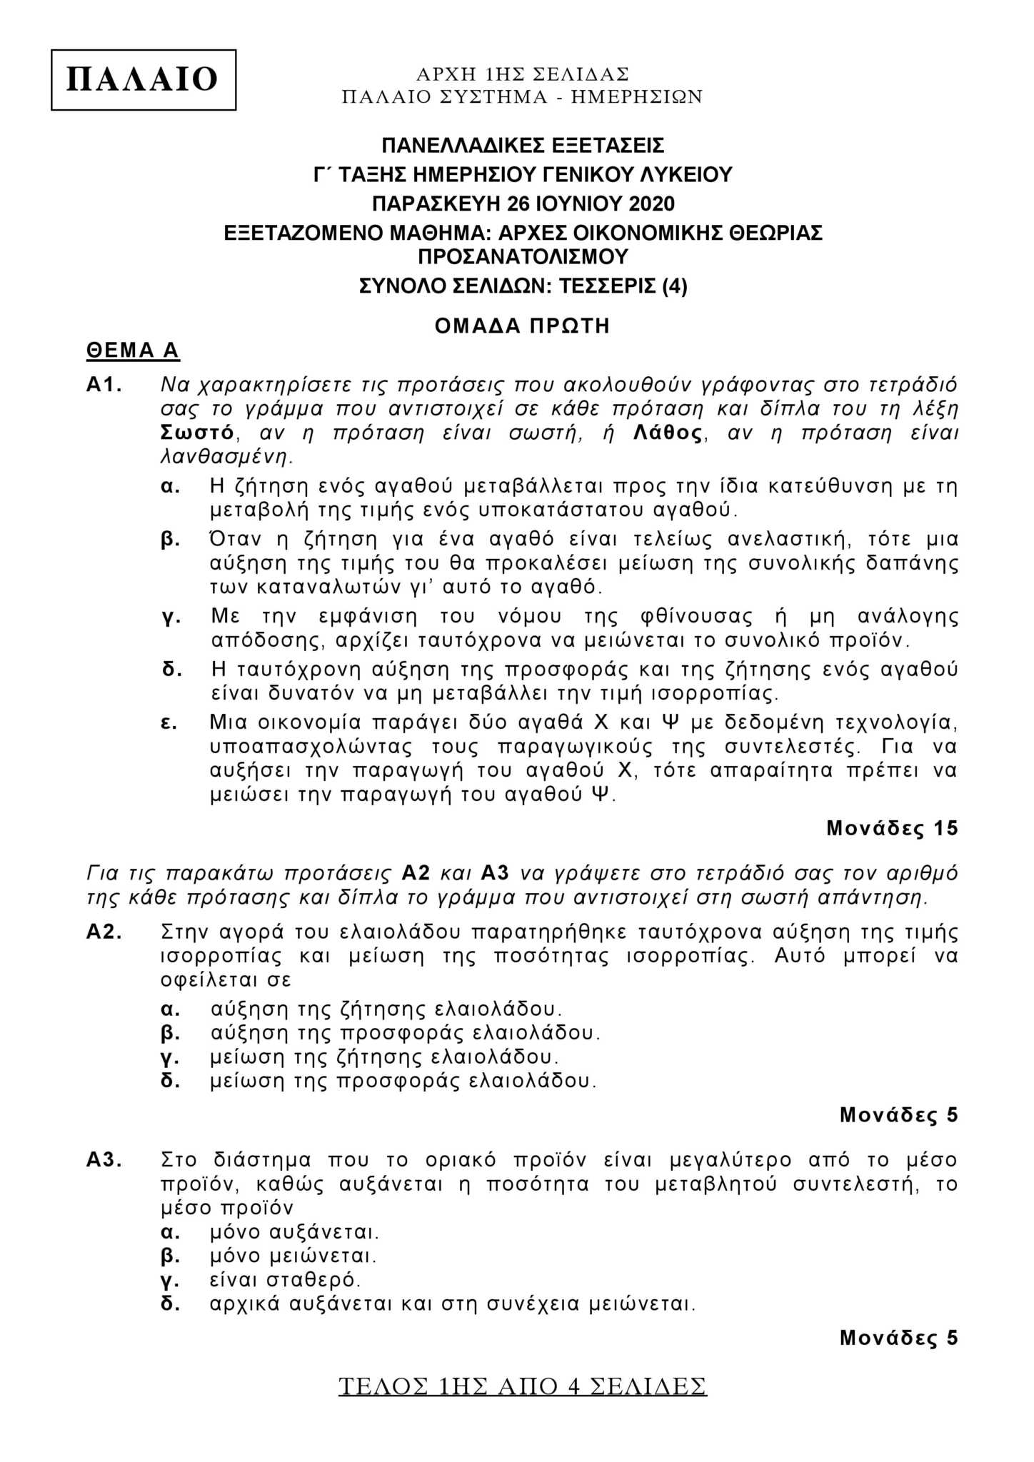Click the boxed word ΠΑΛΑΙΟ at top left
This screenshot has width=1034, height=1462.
(143, 79)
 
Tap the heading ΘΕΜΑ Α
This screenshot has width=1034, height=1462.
(132, 351)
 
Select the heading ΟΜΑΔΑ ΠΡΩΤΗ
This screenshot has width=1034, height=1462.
(523, 326)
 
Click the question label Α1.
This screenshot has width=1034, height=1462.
(104, 385)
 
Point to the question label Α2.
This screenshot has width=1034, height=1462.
(104, 932)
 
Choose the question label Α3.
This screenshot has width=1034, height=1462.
(104, 1160)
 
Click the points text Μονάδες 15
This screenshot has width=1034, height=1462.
(892, 828)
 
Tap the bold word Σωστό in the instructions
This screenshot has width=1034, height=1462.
(198, 433)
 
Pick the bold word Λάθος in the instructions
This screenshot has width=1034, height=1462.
(668, 433)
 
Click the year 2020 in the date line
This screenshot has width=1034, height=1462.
(651, 204)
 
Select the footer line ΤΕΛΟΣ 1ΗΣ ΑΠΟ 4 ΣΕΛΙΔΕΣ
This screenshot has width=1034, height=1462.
(523, 1386)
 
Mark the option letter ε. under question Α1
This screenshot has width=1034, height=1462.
(169, 722)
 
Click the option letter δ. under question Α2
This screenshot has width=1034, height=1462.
(170, 1081)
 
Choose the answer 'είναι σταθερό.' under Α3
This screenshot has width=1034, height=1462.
(286, 1279)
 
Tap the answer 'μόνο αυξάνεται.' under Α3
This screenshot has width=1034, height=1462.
(294, 1232)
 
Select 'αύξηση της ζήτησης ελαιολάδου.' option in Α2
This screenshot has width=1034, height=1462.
(386, 1009)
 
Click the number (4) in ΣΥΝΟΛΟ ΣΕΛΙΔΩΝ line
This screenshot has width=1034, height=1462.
(675, 286)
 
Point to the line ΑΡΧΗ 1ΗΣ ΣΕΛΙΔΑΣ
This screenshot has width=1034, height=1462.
(523, 74)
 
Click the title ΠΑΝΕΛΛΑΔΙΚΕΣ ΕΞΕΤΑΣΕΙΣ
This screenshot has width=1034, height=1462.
(523, 146)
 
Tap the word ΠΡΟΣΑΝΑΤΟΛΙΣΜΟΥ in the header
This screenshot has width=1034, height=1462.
(523, 256)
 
